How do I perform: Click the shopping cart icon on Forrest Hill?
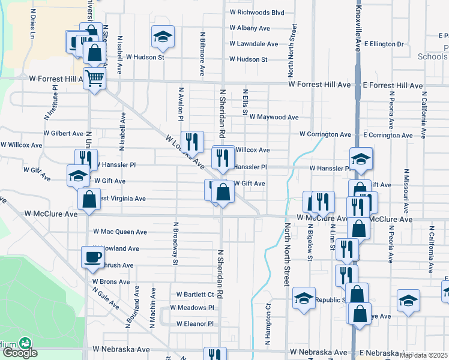click(95, 78)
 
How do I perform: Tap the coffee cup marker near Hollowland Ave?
click(92, 257)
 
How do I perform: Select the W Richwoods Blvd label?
click(256, 12)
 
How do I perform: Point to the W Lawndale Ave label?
click(253, 44)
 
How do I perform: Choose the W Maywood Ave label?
click(274, 117)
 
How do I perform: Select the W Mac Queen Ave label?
click(120, 232)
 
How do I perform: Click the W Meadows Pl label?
click(191, 307)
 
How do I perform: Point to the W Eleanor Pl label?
click(194, 323)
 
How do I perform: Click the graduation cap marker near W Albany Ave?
click(162, 37)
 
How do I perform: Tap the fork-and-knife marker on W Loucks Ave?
click(192, 142)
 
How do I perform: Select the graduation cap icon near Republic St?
click(304, 299)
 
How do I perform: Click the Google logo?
click(20, 353)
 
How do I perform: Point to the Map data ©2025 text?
click(424, 355)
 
